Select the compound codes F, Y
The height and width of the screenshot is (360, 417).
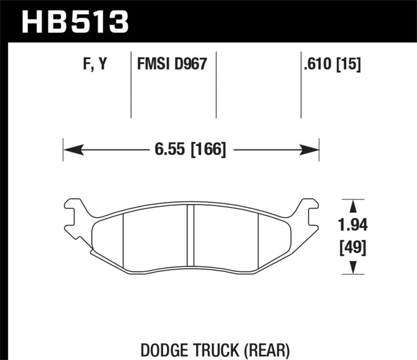click(94, 65)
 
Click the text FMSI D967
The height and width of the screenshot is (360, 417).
click(172, 65)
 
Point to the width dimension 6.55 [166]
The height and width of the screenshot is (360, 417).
click(190, 150)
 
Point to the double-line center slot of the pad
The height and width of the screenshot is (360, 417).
click(190, 237)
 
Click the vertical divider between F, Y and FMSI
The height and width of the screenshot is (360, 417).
click(130, 86)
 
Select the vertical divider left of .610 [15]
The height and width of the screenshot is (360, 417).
click(301, 86)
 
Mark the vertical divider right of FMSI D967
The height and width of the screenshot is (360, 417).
click(216, 86)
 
